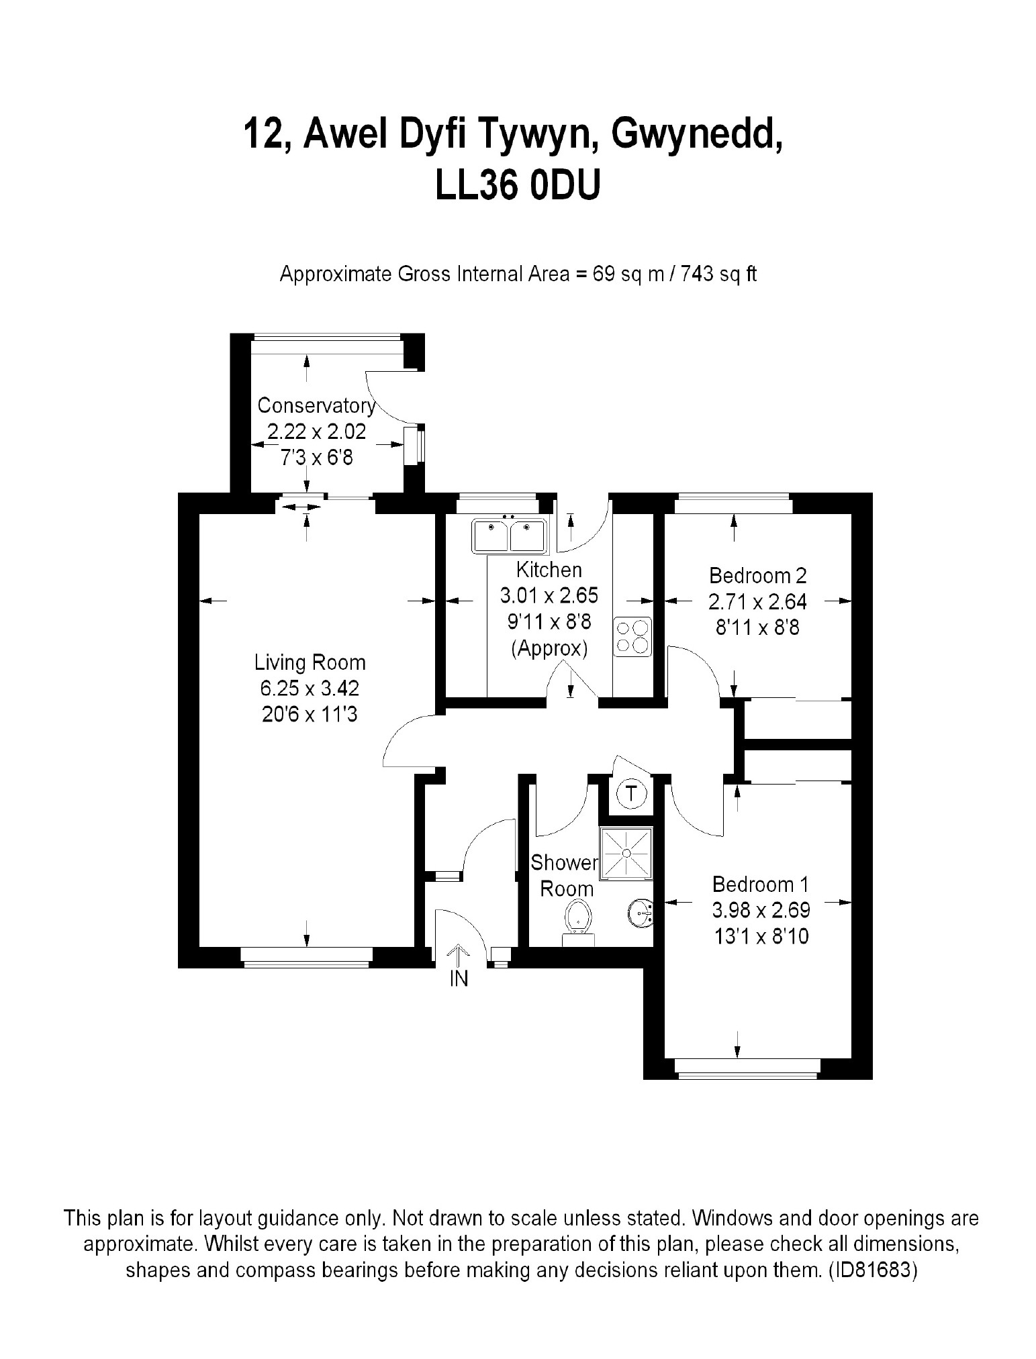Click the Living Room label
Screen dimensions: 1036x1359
click(310, 662)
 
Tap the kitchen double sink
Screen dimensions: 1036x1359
click(510, 536)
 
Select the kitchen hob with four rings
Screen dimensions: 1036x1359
click(632, 636)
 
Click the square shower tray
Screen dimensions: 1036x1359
click(626, 852)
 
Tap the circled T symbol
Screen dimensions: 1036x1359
click(631, 794)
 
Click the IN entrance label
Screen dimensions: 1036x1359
click(459, 979)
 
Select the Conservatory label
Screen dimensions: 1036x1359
click(316, 405)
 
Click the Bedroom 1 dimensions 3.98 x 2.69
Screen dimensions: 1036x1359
click(761, 910)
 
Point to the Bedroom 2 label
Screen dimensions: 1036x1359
click(757, 575)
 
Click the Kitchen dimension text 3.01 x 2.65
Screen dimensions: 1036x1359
click(549, 595)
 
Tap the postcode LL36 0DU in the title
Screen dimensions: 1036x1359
click(517, 186)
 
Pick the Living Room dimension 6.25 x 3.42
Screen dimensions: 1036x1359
click(310, 689)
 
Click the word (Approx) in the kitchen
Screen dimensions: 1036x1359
click(549, 649)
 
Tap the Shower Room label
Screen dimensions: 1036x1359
click(565, 875)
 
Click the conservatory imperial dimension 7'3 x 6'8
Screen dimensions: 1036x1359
click(316, 458)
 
